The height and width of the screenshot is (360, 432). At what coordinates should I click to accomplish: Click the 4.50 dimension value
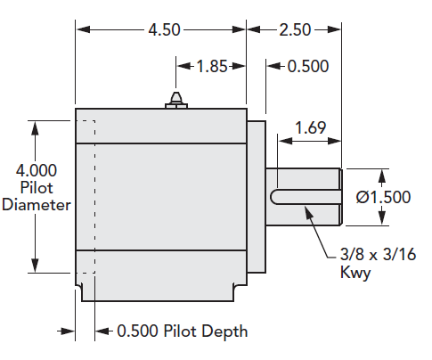(x=164, y=29)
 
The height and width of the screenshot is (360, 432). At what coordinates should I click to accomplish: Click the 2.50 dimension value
(x=295, y=29)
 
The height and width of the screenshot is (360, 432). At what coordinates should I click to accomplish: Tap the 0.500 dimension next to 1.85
(x=307, y=65)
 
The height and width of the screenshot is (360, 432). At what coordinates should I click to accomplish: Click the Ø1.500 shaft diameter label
(x=383, y=197)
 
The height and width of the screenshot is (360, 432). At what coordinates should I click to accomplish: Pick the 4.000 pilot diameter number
(x=36, y=170)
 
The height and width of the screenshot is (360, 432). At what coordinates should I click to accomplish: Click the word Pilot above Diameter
(x=36, y=187)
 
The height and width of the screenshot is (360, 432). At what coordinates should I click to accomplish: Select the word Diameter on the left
(x=36, y=204)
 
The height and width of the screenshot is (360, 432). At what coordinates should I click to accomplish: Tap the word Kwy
(x=354, y=273)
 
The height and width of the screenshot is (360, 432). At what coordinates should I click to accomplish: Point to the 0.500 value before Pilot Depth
(x=138, y=331)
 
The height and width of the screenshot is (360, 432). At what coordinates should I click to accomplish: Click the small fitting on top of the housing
(x=176, y=100)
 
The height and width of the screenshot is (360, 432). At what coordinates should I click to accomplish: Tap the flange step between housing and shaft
(x=257, y=196)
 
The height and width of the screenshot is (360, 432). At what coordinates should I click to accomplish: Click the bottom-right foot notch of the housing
(x=237, y=290)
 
